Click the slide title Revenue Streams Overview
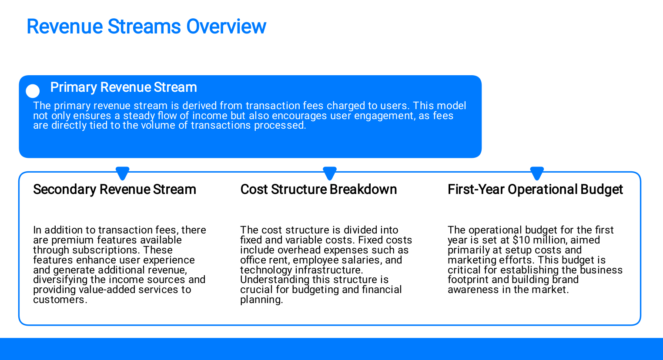pyautogui.click(x=147, y=27)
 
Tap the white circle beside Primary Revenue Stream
pyautogui.click(x=33, y=91)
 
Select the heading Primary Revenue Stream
pyautogui.click(x=124, y=87)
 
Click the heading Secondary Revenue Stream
pyautogui.click(x=114, y=189)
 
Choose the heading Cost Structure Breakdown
pyautogui.click(x=318, y=189)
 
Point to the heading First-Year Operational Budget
pyautogui.click(x=535, y=189)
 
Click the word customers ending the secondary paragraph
pyautogui.click(x=60, y=300)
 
